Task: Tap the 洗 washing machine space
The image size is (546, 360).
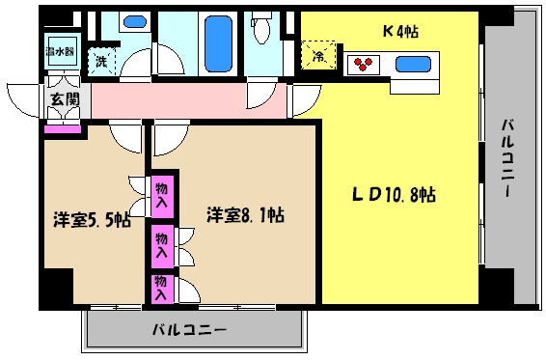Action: pos(100,62)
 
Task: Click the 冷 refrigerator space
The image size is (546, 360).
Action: pos(319,56)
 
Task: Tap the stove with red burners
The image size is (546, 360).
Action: pos(365,66)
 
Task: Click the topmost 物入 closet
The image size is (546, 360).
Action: pos(161,197)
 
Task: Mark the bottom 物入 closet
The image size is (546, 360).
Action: pos(161,286)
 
